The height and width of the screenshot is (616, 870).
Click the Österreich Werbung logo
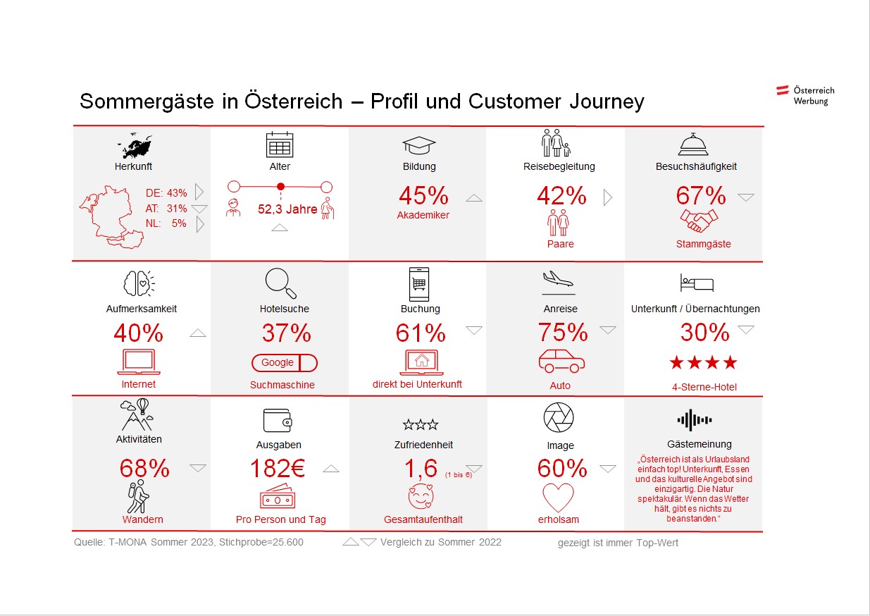805,95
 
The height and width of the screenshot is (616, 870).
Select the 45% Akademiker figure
423,195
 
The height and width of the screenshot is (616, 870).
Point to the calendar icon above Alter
280,144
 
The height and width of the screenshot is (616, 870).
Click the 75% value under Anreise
563,332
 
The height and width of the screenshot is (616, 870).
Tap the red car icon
561,360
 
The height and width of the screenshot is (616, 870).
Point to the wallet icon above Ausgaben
278,421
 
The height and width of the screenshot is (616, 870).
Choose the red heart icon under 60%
559,498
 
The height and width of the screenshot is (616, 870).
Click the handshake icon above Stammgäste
699,221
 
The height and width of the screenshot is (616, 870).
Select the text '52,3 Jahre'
287,209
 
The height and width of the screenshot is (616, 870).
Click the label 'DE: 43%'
166,192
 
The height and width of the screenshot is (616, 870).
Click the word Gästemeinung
700,444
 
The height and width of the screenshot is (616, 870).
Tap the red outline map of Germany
113,211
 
